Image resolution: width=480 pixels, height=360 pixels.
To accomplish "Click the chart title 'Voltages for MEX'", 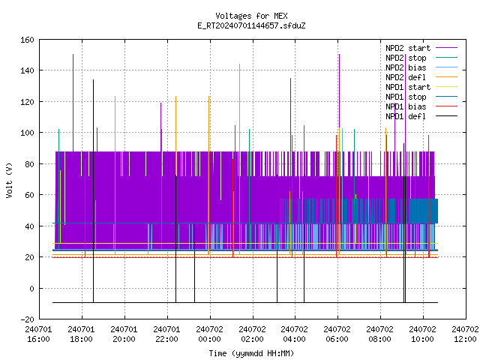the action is [x=251, y=16].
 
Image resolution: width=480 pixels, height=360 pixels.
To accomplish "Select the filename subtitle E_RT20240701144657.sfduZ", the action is [x=251, y=25].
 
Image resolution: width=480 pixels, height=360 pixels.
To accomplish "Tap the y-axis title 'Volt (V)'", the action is [x=9, y=180].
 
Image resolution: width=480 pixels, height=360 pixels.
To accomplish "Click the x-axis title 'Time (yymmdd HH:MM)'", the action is [x=251, y=353].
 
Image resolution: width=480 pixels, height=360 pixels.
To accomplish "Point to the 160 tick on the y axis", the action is [x=27, y=40].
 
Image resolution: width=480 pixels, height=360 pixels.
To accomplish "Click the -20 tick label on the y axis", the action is [x=27, y=319].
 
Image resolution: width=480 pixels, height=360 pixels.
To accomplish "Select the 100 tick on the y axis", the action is [x=27, y=133].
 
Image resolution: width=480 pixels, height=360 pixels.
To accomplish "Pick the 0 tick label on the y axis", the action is [x=31, y=288].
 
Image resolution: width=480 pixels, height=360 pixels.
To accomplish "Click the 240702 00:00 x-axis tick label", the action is [x=210, y=334].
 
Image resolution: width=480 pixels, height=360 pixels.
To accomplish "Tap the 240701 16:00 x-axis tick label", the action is [x=38, y=334].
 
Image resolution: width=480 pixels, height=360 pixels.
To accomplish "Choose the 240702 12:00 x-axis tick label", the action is [x=465, y=334].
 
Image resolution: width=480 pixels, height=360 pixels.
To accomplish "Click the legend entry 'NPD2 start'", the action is [x=421, y=48].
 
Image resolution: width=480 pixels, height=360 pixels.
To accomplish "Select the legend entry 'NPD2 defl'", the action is [x=421, y=77].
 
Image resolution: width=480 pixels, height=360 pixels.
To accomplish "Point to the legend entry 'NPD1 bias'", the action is [x=421, y=106].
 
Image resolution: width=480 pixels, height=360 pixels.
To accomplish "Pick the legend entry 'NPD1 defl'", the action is [x=421, y=116].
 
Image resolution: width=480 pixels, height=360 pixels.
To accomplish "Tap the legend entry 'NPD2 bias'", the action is [x=421, y=67].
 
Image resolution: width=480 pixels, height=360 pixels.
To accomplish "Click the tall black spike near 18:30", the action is [x=93, y=191].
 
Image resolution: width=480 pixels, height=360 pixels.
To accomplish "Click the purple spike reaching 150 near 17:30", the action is [x=73, y=103].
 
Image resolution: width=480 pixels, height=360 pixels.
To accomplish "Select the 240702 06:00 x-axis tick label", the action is [x=337, y=334].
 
